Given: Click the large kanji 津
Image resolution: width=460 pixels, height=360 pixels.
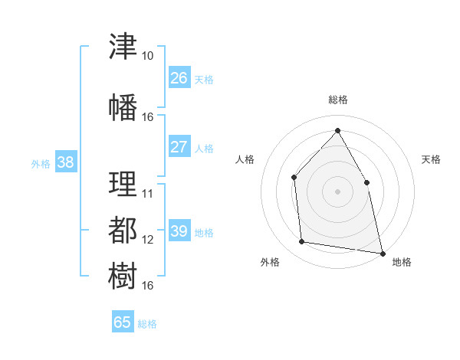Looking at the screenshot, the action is pos(123,46).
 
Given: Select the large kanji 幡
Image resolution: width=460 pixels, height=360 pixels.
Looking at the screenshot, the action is pos(123,107).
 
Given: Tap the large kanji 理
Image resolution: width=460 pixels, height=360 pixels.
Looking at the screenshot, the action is pos(123,184).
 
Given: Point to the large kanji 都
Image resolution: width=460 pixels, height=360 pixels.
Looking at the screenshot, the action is pos(123,230).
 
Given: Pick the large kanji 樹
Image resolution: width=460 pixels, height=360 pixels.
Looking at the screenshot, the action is pos(123,276).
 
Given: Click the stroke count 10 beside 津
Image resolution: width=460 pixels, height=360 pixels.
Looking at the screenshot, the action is pos(147,56).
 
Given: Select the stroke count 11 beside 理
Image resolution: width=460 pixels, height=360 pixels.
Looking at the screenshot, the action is pos(147,194).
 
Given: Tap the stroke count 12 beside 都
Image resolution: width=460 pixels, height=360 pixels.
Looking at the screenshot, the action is pos(147,240).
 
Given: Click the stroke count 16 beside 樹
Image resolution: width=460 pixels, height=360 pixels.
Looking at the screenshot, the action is pos(147,286).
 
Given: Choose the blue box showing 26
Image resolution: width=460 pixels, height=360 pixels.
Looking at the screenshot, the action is pos(179,77).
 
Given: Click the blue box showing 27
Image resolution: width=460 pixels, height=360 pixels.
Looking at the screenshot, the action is pos(179,146).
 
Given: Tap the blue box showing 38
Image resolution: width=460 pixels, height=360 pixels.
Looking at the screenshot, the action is pos(66,161).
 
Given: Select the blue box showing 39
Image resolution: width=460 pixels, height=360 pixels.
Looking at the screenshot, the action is pos(179,230).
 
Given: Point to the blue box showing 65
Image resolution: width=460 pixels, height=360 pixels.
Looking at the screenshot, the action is pos(123,321).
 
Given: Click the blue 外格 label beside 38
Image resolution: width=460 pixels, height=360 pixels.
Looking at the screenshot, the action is pos(41,164).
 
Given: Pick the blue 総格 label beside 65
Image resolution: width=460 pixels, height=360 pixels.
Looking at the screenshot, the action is pos(147,324).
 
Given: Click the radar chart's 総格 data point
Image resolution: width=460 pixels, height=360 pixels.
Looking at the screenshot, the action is pos(337,130).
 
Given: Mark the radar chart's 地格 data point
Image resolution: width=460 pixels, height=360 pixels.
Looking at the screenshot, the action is pos(383,254).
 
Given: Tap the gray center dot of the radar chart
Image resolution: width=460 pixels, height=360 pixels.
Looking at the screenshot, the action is pos(337,191).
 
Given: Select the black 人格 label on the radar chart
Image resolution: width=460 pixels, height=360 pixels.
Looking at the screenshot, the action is pos(245,159).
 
